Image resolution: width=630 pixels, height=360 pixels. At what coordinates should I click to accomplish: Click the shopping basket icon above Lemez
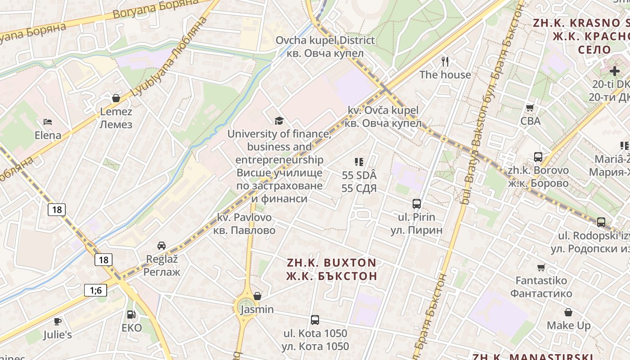(116, 98)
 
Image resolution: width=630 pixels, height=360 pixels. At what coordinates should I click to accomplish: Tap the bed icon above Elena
(48, 121)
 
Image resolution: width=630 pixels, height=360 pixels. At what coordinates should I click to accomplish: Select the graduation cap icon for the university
(279, 120)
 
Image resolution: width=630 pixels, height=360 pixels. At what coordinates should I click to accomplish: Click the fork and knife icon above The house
(445, 61)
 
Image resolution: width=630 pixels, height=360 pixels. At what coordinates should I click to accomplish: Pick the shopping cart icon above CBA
(530, 108)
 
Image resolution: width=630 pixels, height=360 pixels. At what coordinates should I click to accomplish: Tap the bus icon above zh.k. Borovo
(538, 157)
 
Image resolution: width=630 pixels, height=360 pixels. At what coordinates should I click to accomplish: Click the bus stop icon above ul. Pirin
(416, 203)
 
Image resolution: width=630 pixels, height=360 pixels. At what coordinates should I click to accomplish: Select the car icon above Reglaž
(162, 245)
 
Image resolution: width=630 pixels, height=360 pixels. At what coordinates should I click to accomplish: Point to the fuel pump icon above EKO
(131, 315)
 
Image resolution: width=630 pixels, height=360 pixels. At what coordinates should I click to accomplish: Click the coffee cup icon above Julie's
(58, 321)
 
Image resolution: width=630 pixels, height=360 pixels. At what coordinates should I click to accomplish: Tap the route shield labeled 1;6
(95, 290)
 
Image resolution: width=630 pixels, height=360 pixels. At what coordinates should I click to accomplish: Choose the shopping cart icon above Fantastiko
(541, 267)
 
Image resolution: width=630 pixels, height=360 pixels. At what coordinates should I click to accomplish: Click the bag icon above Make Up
(568, 312)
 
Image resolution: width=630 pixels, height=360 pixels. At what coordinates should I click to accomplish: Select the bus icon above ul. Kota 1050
(315, 320)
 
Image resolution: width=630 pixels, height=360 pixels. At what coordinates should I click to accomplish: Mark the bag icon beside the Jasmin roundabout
(257, 296)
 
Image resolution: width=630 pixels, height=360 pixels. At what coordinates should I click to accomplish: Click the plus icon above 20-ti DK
(615, 71)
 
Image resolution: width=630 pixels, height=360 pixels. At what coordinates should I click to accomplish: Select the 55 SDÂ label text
(359, 175)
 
